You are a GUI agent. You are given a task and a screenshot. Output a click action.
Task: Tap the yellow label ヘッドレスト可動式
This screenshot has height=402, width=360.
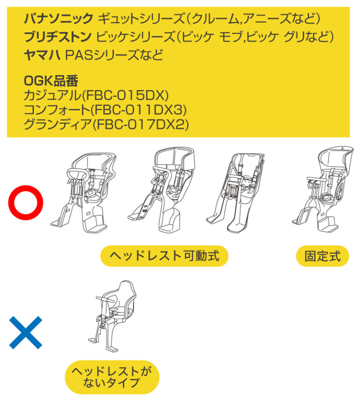(x=164, y=256)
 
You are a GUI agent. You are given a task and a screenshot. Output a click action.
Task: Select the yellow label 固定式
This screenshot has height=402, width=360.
(x=322, y=256)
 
